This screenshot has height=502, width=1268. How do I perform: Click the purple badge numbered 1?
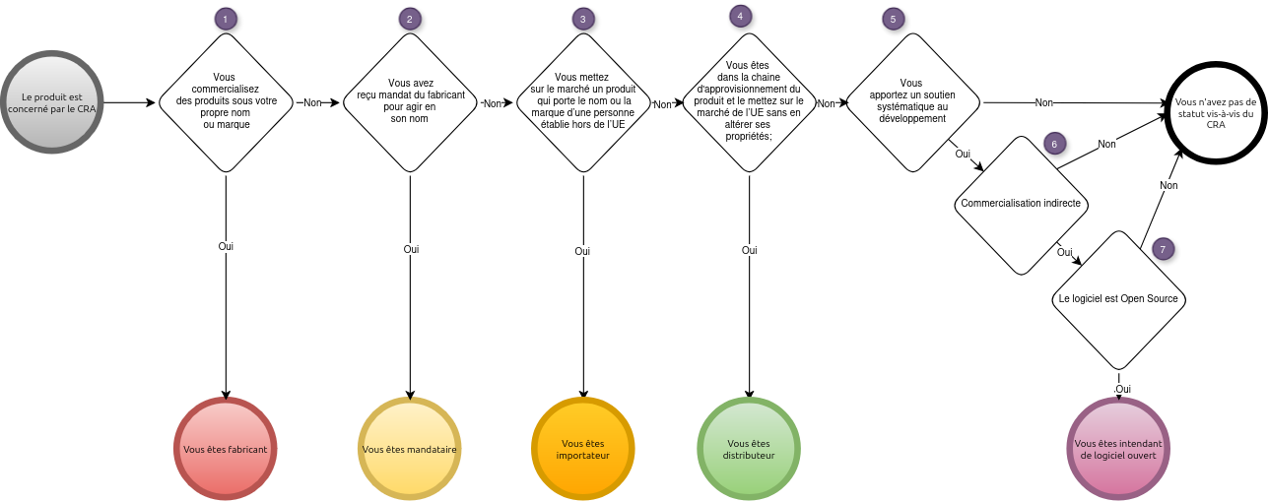(x=226, y=19)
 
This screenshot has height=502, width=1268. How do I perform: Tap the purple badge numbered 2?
(x=409, y=19)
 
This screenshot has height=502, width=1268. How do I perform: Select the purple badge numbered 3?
(x=583, y=19)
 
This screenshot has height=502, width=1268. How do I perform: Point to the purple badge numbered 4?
(x=740, y=16)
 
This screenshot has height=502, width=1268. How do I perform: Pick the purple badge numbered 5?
(x=893, y=19)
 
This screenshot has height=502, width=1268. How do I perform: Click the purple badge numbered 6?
(x=1054, y=144)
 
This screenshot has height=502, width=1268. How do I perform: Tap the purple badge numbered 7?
(x=1163, y=249)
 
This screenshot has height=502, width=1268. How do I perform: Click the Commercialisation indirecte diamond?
(x=1021, y=204)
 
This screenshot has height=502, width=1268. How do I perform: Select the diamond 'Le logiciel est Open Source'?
(x=1117, y=299)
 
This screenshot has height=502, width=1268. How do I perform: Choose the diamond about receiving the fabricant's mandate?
(x=411, y=102)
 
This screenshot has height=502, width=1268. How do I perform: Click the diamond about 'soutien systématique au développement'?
(x=912, y=101)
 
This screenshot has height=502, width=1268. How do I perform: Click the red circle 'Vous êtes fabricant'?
(x=226, y=449)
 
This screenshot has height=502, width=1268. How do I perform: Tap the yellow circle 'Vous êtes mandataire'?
(x=409, y=449)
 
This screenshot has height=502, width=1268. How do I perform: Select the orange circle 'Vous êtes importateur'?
(x=583, y=449)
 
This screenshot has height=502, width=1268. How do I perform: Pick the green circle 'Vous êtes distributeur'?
(x=749, y=449)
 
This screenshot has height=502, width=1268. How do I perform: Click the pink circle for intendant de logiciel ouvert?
(x=1118, y=449)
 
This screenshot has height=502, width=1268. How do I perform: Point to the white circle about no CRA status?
(x=1216, y=113)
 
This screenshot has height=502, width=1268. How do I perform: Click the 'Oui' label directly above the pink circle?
(x=1122, y=389)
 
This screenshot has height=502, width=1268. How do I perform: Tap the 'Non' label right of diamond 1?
(x=311, y=102)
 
